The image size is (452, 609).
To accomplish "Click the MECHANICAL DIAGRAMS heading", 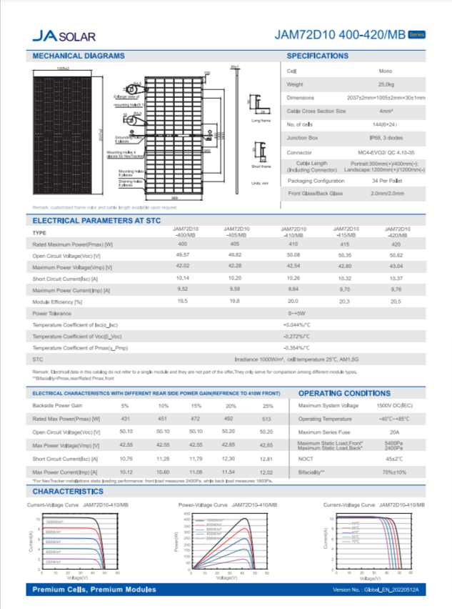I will pyautogui.click(x=79, y=56).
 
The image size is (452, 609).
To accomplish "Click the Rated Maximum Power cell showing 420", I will pyautogui.click(x=396, y=245).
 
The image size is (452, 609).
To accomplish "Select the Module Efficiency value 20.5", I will pyautogui.click(x=396, y=302).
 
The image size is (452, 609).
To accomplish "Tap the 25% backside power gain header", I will pyautogui.click(x=266, y=406).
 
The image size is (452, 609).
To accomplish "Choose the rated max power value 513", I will pyautogui.click(x=266, y=418).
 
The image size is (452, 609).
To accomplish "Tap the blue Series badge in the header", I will pyautogui.click(x=417, y=34).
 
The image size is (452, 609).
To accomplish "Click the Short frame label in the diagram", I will pyautogui.click(x=261, y=166).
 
